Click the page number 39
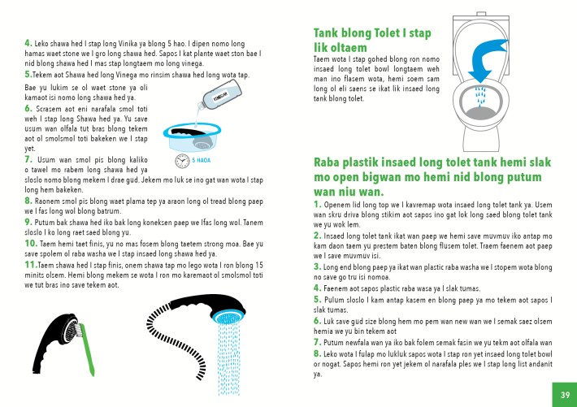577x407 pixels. [x=563, y=394]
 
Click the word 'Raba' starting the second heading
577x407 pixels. [x=332, y=164]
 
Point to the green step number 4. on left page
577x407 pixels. [x=28, y=41]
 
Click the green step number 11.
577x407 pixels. [x=30, y=264]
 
